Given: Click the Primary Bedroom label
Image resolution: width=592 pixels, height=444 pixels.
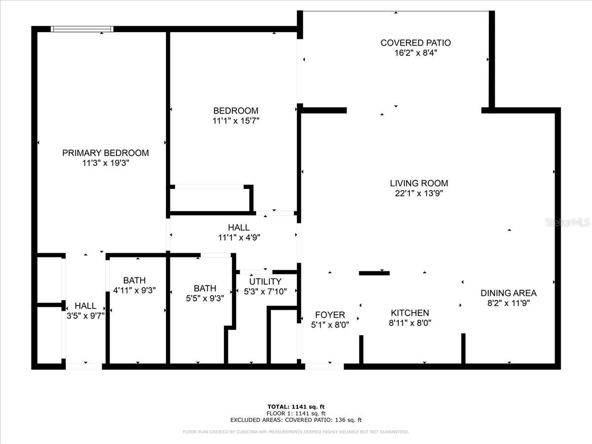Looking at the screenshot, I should tap(105, 153).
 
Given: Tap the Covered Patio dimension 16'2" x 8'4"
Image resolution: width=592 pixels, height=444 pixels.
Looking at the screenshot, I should tap(415, 53).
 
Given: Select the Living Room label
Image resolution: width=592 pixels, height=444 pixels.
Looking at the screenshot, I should tap(419, 184).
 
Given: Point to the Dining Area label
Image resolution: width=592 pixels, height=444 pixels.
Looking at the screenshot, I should tap(508, 293).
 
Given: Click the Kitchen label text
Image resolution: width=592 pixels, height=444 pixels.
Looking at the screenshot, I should tap(409, 313).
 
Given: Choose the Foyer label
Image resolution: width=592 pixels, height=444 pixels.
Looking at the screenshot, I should tap(330, 315).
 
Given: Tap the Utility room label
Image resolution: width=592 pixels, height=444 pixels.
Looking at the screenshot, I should tap(265, 282).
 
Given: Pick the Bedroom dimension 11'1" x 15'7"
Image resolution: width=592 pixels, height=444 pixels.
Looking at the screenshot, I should tap(235, 121).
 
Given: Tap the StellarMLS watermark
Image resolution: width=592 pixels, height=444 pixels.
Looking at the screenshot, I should tap(567, 222).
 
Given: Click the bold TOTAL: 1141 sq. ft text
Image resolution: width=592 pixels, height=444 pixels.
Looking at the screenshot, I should tap(296, 407).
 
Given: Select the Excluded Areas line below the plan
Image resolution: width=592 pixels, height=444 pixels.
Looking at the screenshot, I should tap(296, 420).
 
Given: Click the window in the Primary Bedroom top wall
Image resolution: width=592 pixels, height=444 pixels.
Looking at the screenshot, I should tap(83, 29).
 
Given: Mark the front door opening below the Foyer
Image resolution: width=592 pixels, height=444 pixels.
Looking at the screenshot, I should tap(324, 367).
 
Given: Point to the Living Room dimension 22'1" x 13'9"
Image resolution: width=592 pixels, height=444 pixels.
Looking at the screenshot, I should tap(419, 194).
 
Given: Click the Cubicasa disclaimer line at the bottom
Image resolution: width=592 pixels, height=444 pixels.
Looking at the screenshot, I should tap(296, 432).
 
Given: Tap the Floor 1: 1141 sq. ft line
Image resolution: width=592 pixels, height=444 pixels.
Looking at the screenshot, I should tap(296, 413).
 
